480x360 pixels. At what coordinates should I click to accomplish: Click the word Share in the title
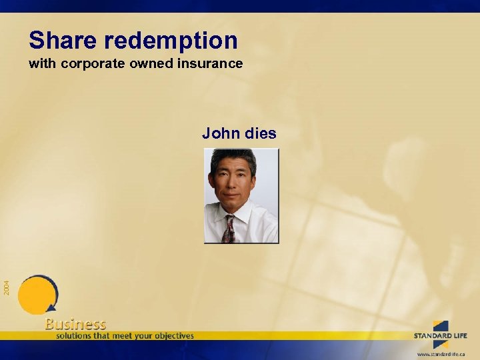coord(63,41)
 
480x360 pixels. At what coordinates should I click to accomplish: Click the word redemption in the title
coord(171,41)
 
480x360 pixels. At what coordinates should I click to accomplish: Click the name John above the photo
coord(221,133)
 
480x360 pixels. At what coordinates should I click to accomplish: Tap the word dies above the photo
coord(260,133)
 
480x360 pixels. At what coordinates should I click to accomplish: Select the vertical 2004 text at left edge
coord(6,287)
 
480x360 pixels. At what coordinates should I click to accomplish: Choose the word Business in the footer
coord(75,324)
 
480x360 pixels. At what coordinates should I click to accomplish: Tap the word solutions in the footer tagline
coord(75,335)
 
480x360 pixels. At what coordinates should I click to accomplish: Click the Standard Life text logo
coord(441,335)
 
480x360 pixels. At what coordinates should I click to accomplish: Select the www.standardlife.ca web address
coord(441,353)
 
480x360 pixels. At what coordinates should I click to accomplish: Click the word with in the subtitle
coord(39,65)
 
